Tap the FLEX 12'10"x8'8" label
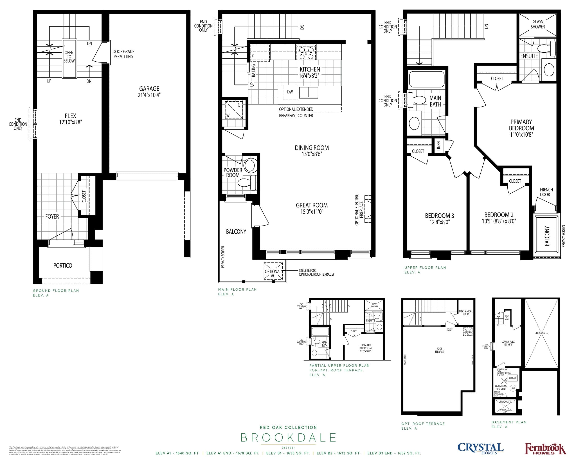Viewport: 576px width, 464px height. pos(70,119)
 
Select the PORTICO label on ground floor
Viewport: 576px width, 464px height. pos(63,265)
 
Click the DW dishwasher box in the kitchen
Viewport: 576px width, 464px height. pos(290,92)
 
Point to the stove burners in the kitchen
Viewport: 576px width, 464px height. pos(306,53)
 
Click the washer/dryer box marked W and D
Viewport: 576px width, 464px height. pos(234,110)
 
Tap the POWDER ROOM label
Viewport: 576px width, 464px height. pos(233,172)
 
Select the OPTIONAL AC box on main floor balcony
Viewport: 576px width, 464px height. pos(273,271)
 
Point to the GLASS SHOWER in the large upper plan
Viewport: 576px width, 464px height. pos(538,24)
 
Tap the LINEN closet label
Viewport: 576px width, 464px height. pos(438,146)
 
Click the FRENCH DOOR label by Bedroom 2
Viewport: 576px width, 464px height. pos(546,192)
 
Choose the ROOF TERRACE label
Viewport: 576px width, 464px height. pos(439,350)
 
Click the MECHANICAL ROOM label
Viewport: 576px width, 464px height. pos(466,312)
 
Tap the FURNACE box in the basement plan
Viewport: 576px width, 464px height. pos(513,378)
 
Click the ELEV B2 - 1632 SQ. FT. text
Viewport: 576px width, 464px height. pos(338,453)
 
